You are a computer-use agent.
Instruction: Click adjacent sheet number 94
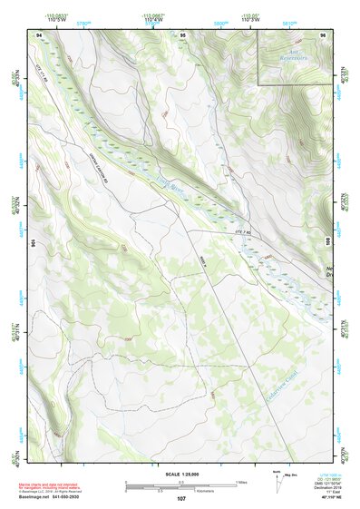39,35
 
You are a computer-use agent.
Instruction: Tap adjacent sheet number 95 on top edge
182,35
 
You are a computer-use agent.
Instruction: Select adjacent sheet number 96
322,35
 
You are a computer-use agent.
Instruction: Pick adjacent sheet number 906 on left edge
34,242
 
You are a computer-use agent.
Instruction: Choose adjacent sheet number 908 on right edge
327,242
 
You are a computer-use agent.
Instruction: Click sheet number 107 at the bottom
181,498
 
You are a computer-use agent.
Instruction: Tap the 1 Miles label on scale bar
241,481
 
